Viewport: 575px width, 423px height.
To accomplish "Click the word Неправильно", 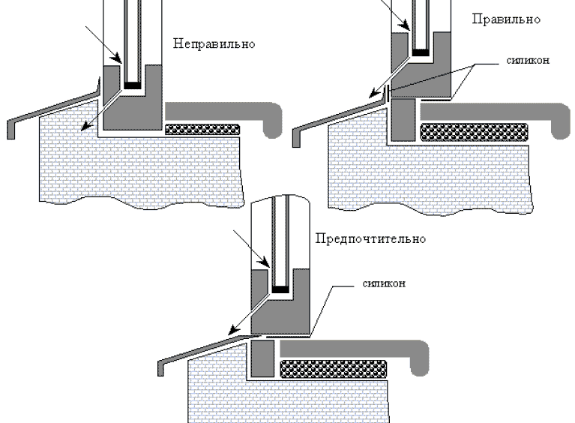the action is pyautogui.click(x=214, y=43).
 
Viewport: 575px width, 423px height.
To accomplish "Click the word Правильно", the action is pyautogui.click(x=506, y=19).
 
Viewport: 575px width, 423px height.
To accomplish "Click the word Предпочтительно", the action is pyautogui.click(x=370, y=238).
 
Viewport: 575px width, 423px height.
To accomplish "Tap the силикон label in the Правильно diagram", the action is pyautogui.click(x=528, y=60).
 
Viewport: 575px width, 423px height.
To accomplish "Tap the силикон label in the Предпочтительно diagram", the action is pyautogui.click(x=384, y=283).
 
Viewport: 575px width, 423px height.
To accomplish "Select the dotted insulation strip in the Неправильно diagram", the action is pyautogui.click(x=202, y=130).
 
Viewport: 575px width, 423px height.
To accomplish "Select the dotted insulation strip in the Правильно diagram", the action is pyautogui.click(x=474, y=133).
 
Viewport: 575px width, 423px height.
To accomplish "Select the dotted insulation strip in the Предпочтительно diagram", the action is pyautogui.click(x=334, y=369).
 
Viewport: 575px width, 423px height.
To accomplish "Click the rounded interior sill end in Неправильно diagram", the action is pyautogui.click(x=273, y=120).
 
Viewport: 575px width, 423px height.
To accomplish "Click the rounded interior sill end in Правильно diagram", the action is pyautogui.click(x=562, y=121).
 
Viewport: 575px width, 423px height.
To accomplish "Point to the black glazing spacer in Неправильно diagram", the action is pyautogui.click(x=133, y=85).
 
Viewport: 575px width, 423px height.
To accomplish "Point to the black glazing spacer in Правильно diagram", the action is pyautogui.click(x=421, y=52).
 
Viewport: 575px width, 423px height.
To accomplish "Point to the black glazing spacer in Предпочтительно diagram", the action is pyautogui.click(x=280, y=289).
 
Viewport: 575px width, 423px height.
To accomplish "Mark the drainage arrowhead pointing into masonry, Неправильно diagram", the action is pyautogui.click(x=85, y=126).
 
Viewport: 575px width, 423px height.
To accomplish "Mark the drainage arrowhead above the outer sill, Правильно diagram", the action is pyautogui.click(x=374, y=93).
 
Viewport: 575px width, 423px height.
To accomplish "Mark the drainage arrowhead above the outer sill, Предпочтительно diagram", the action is pyautogui.click(x=233, y=330).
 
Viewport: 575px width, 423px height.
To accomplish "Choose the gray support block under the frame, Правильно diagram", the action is pyautogui.click(x=403, y=119).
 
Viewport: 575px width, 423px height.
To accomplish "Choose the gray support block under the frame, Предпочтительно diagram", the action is pyautogui.click(x=262, y=358).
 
